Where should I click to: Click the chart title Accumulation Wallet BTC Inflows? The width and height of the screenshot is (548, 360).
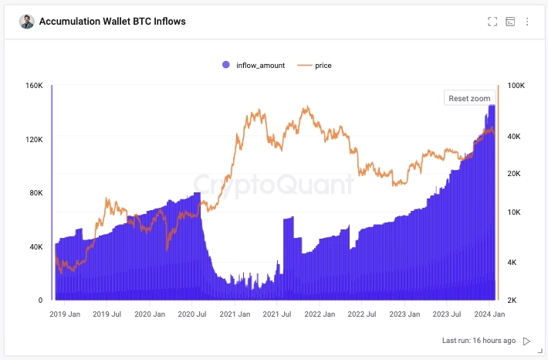click(x=113, y=22)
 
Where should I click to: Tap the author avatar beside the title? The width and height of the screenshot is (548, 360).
click(x=27, y=22)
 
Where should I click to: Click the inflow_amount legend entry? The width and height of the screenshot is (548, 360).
click(x=254, y=66)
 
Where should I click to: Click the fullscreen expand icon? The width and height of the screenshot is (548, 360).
click(x=492, y=22)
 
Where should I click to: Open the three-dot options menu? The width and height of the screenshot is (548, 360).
click(x=528, y=22)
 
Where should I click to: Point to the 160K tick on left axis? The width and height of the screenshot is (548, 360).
click(x=34, y=85)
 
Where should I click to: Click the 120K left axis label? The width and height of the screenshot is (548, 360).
click(x=34, y=139)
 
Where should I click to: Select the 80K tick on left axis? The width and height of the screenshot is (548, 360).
click(x=34, y=192)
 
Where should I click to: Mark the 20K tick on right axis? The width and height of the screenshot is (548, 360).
click(x=515, y=174)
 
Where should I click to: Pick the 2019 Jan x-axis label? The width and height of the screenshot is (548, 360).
click(x=65, y=314)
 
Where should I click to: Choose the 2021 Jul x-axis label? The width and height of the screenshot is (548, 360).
click(x=276, y=314)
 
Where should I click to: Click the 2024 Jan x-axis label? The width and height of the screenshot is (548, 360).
click(x=489, y=314)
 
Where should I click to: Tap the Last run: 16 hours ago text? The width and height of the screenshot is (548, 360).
click(x=479, y=341)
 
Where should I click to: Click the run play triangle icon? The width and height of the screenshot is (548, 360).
click(x=527, y=341)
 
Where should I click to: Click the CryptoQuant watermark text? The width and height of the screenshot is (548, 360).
click(x=273, y=183)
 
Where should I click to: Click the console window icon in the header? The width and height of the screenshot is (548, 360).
click(x=510, y=22)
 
